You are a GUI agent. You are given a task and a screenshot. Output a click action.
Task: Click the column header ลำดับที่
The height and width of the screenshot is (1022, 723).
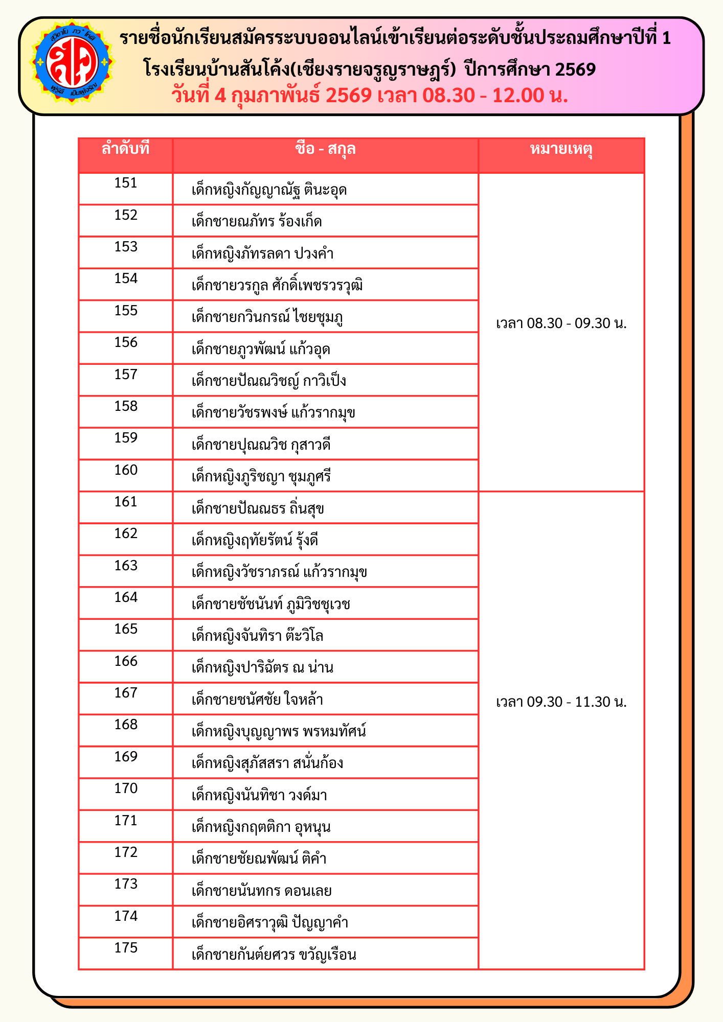click(x=125, y=149)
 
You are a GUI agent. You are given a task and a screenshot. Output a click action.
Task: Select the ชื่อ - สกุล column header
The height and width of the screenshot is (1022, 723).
click(x=325, y=149)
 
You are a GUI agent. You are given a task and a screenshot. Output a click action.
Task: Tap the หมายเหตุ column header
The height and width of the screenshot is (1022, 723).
click(x=561, y=149)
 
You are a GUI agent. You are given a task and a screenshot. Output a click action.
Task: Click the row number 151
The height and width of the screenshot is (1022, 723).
click(x=126, y=183)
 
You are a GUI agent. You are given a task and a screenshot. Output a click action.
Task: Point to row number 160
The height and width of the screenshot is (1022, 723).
click(x=126, y=470)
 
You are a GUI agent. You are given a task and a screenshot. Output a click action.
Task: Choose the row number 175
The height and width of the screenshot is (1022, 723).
click(x=126, y=948)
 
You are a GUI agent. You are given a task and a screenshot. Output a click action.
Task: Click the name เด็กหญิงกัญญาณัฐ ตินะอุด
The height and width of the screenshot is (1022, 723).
click(x=269, y=190)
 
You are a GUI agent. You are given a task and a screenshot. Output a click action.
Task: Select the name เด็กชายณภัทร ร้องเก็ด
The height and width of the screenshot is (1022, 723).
click(x=257, y=222)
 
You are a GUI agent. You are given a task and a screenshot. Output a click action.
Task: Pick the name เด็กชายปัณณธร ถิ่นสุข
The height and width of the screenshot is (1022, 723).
click(x=258, y=509)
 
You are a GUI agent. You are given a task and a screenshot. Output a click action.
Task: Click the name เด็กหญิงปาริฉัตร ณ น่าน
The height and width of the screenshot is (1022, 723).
click(x=262, y=668)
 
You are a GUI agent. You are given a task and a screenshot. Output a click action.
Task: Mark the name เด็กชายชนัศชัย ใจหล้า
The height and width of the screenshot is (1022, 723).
click(x=257, y=700)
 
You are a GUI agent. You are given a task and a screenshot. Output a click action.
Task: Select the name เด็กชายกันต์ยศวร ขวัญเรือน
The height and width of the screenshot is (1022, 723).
click(x=274, y=955)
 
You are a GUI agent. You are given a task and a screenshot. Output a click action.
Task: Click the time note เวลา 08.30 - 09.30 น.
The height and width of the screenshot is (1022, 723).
click(x=561, y=323)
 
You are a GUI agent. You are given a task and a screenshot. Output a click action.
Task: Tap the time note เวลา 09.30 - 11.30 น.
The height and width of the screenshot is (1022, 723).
click(x=561, y=702)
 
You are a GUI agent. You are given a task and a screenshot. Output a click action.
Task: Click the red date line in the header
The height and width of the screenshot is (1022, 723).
click(x=370, y=96)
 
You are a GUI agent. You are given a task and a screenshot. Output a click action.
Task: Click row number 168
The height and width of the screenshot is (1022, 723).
click(x=126, y=725)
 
